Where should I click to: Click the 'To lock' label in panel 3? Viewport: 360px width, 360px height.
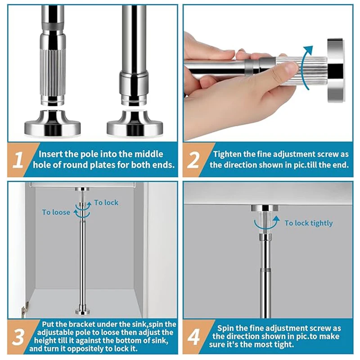pos(106,202)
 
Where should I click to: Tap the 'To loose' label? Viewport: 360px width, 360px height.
pos(56,212)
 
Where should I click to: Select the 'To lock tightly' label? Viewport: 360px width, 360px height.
pos(309,223)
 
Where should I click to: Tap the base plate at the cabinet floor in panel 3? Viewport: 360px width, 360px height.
pos(82,311)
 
